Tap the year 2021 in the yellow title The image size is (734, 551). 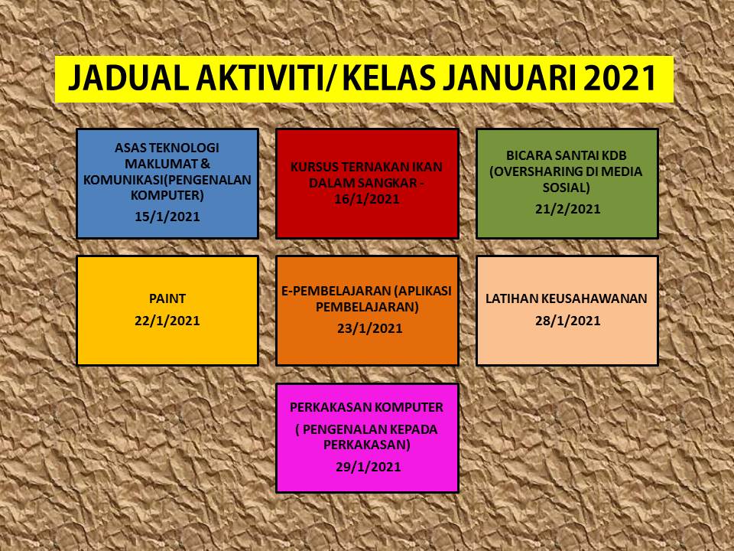click(x=621, y=79)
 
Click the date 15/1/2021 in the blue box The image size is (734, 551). click(x=167, y=216)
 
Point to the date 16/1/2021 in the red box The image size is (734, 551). click(x=367, y=200)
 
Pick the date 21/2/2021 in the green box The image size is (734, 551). click(x=568, y=208)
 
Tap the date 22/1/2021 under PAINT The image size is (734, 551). click(x=167, y=320)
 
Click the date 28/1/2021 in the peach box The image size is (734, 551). click(x=568, y=320)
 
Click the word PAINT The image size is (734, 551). click(x=167, y=298)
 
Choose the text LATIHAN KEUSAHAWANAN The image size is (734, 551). click(x=567, y=298)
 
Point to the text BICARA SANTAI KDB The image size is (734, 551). click(x=567, y=156)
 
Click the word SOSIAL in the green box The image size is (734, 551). click(x=567, y=187)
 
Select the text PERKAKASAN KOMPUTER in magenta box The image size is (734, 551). click(x=367, y=408)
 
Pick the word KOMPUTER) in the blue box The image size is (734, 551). click(x=167, y=195)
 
